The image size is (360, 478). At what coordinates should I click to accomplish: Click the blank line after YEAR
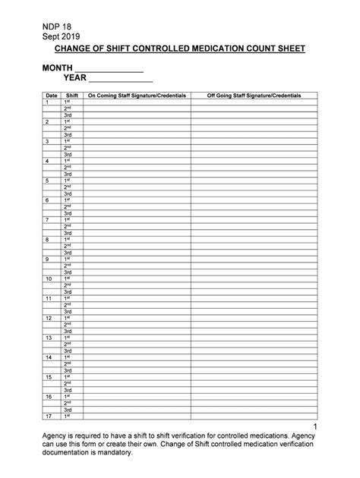point(122,79)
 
